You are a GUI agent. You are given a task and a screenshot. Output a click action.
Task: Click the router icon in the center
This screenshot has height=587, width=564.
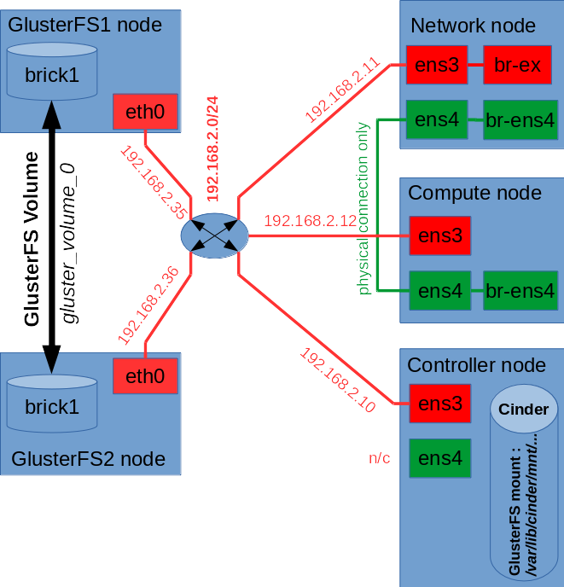(x=214, y=236)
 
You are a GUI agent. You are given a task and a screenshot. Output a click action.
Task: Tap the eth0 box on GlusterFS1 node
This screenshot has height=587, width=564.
(x=145, y=110)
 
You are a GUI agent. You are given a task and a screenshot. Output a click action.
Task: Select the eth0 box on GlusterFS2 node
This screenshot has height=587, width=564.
(x=145, y=376)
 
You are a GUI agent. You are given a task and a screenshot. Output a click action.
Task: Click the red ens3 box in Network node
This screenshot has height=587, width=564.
(x=438, y=65)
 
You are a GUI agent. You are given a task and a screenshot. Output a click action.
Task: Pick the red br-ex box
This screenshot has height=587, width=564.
(x=518, y=65)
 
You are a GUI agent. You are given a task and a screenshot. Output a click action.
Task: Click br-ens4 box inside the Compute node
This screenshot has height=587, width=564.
(x=520, y=291)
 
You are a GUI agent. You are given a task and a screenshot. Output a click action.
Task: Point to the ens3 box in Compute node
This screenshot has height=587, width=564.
(x=439, y=235)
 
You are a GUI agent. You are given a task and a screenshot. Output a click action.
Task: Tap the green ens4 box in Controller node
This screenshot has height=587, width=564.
(x=439, y=459)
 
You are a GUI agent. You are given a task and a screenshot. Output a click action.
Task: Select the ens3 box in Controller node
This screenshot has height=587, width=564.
(x=439, y=404)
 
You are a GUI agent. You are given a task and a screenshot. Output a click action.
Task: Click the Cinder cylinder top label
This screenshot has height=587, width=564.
(x=523, y=410)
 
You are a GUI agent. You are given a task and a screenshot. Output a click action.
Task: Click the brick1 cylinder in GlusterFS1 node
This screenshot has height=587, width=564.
(x=52, y=74)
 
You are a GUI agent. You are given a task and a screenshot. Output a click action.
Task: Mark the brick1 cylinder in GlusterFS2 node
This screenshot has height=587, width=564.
(x=52, y=406)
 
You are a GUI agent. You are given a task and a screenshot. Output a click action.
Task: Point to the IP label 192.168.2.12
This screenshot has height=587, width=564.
(x=310, y=222)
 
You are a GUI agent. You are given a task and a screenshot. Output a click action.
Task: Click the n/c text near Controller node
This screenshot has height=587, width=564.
(x=379, y=458)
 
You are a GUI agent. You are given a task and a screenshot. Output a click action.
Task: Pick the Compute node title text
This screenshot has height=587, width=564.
(x=474, y=193)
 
